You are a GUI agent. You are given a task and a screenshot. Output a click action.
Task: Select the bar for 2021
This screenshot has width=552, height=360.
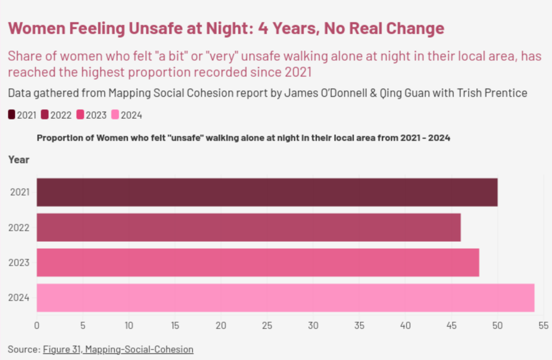267,192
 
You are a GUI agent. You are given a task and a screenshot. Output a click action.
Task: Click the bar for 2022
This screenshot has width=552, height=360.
248,227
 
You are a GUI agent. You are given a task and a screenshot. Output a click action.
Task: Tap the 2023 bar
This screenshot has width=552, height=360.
258,262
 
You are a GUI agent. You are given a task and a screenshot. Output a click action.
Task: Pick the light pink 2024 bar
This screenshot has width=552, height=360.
285,298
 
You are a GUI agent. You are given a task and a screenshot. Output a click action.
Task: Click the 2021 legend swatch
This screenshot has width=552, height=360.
12,115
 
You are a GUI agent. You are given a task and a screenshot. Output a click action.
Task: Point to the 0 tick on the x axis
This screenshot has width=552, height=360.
37,326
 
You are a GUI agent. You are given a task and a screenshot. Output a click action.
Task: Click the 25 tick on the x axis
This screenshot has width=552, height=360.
267,326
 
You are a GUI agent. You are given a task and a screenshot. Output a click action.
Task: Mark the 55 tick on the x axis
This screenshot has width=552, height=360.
543,326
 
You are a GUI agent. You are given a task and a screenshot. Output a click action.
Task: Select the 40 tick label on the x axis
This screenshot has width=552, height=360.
405,326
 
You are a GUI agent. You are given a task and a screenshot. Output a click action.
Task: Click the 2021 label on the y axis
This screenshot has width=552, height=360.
19,192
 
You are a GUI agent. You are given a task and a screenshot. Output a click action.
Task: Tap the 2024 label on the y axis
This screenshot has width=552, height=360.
19,298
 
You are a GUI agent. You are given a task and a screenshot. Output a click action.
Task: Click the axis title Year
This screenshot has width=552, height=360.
19,160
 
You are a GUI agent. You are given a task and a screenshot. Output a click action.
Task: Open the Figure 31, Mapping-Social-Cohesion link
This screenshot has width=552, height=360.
118,349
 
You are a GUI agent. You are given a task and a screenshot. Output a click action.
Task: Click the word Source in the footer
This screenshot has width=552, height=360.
23,349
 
